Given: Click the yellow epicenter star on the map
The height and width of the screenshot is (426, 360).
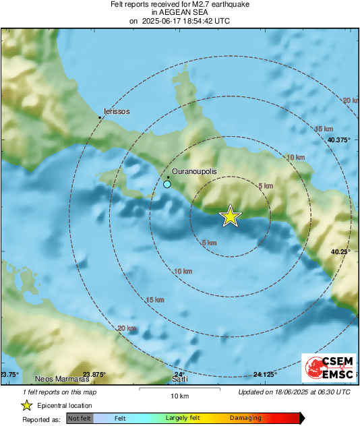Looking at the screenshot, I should pyautogui.click(x=231, y=216).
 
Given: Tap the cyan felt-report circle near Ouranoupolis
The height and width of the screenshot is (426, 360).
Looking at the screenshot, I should pyautogui.click(x=167, y=184).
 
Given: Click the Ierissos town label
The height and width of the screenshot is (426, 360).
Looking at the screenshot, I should pyautogui.click(x=116, y=111).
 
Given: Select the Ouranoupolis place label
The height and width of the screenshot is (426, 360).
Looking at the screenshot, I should pyautogui.click(x=195, y=173).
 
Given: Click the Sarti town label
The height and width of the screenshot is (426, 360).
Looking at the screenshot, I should pyautogui.click(x=179, y=379).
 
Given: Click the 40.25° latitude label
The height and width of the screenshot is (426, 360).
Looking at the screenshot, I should pyautogui.click(x=341, y=251).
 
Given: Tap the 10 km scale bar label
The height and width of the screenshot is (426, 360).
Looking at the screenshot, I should pyautogui.click(x=179, y=396).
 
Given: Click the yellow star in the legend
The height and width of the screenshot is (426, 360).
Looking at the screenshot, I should pyautogui.click(x=27, y=405).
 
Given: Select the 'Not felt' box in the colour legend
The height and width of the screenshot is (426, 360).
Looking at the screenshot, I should pyautogui.click(x=80, y=419).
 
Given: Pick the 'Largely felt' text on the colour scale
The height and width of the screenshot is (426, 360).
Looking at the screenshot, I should pyautogui.click(x=185, y=419).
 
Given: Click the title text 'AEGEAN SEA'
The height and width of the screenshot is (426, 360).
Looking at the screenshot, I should pyautogui.click(x=179, y=12).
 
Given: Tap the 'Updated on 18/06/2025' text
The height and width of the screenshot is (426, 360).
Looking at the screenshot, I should pyautogui.click(x=295, y=392).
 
